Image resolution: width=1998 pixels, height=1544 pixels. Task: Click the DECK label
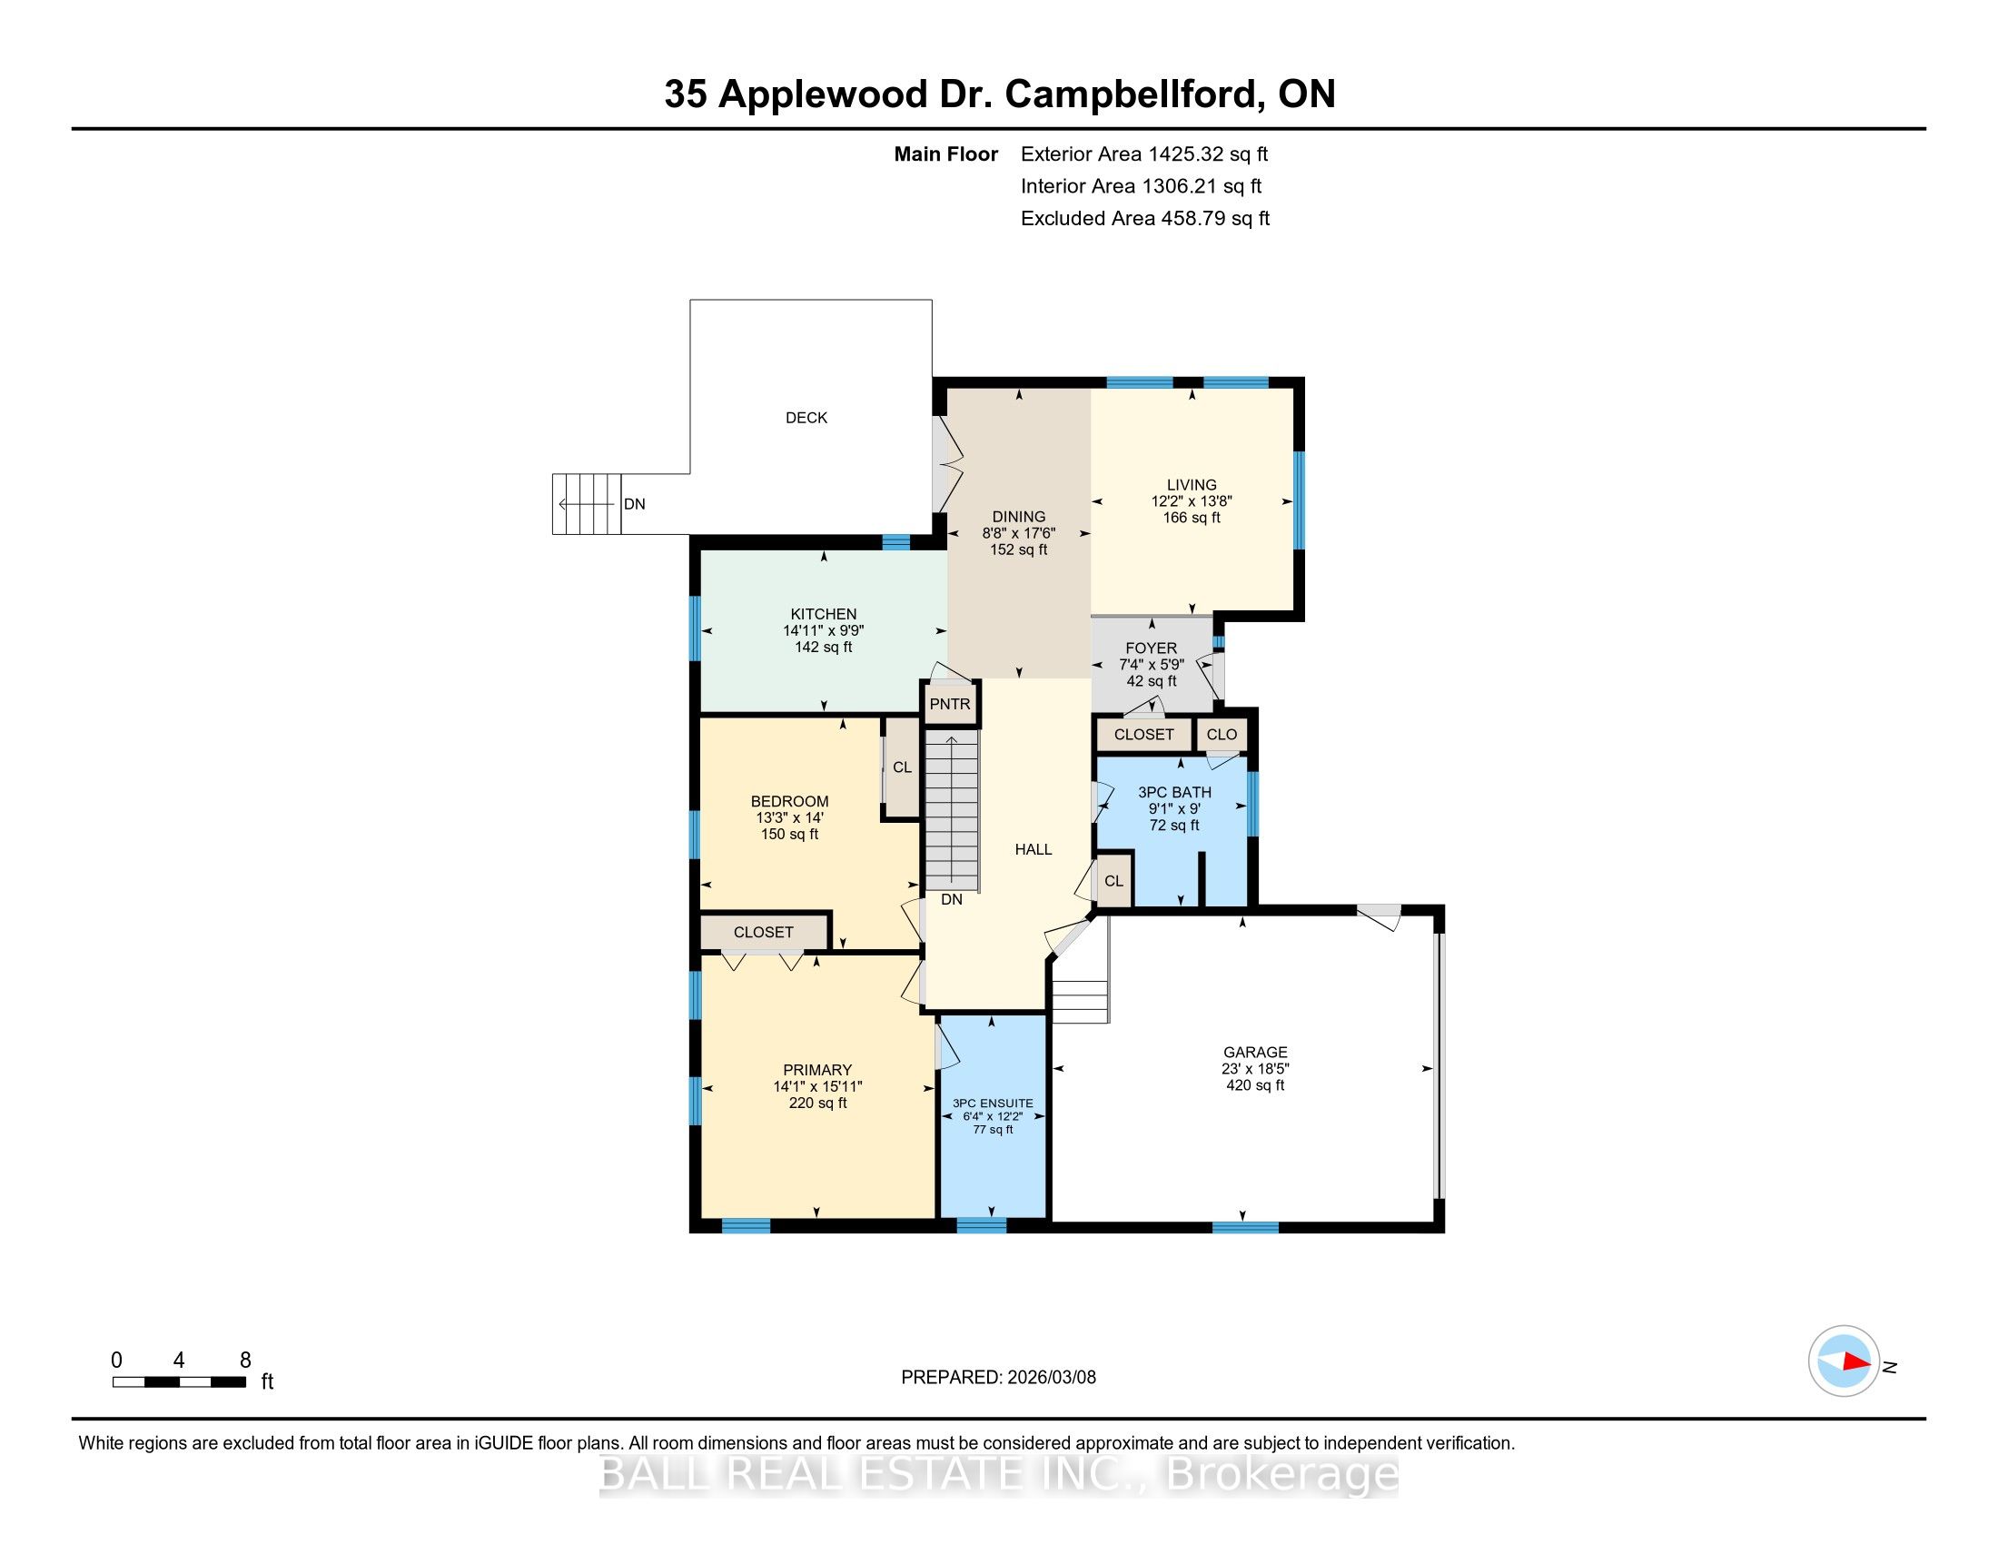click(x=806, y=418)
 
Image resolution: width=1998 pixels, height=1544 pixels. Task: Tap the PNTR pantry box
click(x=950, y=704)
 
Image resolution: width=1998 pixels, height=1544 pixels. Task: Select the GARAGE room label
click(x=1255, y=1053)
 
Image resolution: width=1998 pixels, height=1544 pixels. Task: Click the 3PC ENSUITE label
click(x=993, y=1104)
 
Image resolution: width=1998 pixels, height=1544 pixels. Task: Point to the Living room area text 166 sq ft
click(x=1192, y=518)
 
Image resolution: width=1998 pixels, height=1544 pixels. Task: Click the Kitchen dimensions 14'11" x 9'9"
click(x=824, y=630)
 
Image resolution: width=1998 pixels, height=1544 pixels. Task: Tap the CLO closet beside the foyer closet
click(x=1222, y=735)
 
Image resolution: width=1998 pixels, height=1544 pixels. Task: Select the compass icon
click(x=1844, y=1361)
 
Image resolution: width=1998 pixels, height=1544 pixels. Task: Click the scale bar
click(x=179, y=1382)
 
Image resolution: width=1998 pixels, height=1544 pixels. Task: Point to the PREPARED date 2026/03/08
click(x=1051, y=1377)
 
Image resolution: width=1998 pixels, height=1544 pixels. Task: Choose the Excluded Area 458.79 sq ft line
click(x=1145, y=219)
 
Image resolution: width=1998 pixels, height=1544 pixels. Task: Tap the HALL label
click(x=1033, y=850)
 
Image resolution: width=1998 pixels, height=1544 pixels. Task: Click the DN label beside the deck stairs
click(x=634, y=504)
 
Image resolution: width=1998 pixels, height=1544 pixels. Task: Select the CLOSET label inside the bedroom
click(x=763, y=932)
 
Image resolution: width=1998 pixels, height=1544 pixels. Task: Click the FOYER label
click(x=1151, y=648)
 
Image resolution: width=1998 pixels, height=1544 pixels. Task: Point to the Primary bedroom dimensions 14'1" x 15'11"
click(x=818, y=1086)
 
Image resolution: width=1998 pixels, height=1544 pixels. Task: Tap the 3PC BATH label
click(x=1174, y=792)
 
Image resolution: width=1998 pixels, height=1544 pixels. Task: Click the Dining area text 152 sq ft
click(x=1018, y=549)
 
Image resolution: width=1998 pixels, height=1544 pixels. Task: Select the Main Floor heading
click(x=946, y=154)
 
